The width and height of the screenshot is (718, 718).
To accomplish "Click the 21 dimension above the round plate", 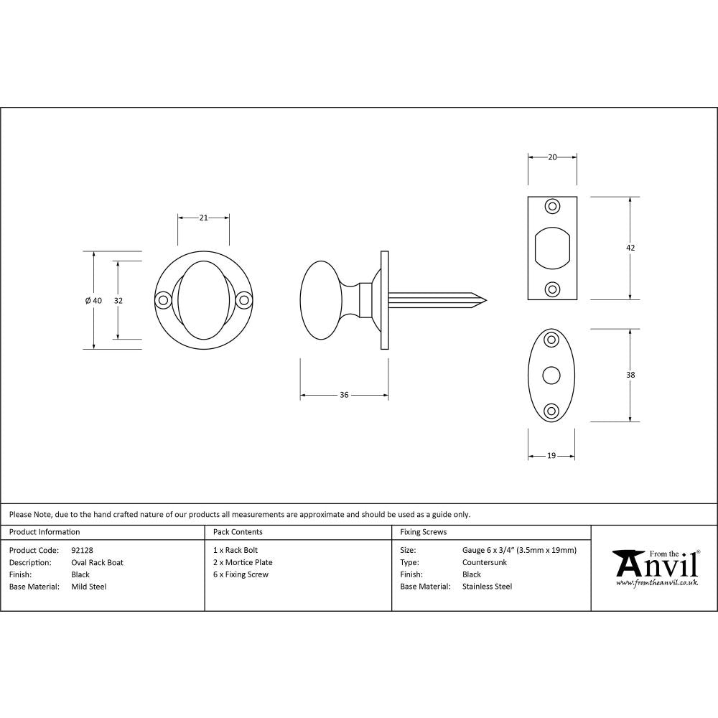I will pyautogui.click(x=203, y=218).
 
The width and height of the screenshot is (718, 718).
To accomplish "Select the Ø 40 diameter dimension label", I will pyautogui.click(x=93, y=301).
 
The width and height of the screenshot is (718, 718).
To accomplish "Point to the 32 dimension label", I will pyautogui.click(x=118, y=301).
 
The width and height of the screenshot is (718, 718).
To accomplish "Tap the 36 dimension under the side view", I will pyautogui.click(x=344, y=396).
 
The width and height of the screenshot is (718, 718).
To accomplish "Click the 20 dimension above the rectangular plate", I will pyautogui.click(x=552, y=157).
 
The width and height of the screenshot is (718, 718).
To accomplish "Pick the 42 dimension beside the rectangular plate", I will pyautogui.click(x=630, y=248).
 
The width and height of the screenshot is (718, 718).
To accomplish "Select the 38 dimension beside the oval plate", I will pyautogui.click(x=630, y=375).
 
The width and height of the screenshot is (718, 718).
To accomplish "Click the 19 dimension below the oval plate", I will pyautogui.click(x=551, y=456).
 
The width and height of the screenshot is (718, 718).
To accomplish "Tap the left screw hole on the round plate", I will pyautogui.click(x=163, y=300).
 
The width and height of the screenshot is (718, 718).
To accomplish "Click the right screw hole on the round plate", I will pyautogui.click(x=244, y=300).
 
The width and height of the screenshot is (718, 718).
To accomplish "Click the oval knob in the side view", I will pyautogui.click(x=320, y=299).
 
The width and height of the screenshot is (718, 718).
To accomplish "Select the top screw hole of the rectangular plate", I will pyautogui.click(x=552, y=207).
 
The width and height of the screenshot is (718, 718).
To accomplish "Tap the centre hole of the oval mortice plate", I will pyautogui.click(x=551, y=375).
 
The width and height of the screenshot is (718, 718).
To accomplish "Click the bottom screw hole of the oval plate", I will pyautogui.click(x=551, y=411).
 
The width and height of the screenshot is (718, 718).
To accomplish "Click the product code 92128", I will pyautogui.click(x=83, y=551).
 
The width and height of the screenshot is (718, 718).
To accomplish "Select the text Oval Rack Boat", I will pyautogui.click(x=97, y=562).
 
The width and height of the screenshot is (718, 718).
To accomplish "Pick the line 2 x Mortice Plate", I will pyautogui.click(x=243, y=562).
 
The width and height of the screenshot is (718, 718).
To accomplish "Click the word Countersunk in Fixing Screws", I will pyautogui.click(x=485, y=562).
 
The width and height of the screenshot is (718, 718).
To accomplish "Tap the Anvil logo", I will pyautogui.click(x=655, y=567).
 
